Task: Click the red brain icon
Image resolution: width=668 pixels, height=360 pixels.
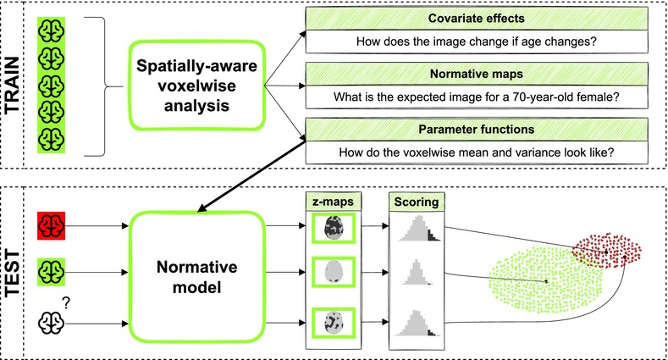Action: [x=51, y=225]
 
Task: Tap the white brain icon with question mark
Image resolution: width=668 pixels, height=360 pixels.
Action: [x=51, y=323]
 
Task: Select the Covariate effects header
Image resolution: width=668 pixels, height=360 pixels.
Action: [x=477, y=19]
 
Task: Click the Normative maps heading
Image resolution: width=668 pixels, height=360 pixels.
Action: [x=477, y=74]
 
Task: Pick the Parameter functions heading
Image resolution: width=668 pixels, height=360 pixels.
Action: [x=477, y=129]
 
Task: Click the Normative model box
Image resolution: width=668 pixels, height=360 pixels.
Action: [x=197, y=277]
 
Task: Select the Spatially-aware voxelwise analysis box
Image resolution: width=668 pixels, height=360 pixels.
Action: [x=196, y=86]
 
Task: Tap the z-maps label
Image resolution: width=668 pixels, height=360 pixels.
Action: [x=333, y=201]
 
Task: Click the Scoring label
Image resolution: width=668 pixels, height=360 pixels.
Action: [x=417, y=201]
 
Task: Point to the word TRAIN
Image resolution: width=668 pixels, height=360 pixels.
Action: [x=12, y=85]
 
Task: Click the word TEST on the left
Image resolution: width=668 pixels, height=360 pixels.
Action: [x=12, y=274]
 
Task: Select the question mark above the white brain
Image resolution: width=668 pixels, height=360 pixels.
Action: [x=66, y=303]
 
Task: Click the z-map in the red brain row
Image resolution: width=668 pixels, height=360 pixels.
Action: [x=334, y=228]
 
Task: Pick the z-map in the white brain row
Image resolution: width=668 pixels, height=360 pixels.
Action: [x=334, y=323]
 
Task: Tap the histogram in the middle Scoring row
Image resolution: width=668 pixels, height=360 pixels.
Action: [x=417, y=272]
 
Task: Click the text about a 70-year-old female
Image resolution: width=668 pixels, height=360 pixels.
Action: [x=477, y=97]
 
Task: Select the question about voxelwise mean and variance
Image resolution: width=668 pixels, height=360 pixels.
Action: [x=477, y=152]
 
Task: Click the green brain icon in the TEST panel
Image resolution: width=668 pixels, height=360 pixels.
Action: [x=51, y=272]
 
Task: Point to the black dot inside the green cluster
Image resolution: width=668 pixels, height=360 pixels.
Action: [x=546, y=281]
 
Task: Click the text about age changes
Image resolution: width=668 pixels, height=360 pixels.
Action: [x=477, y=42]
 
